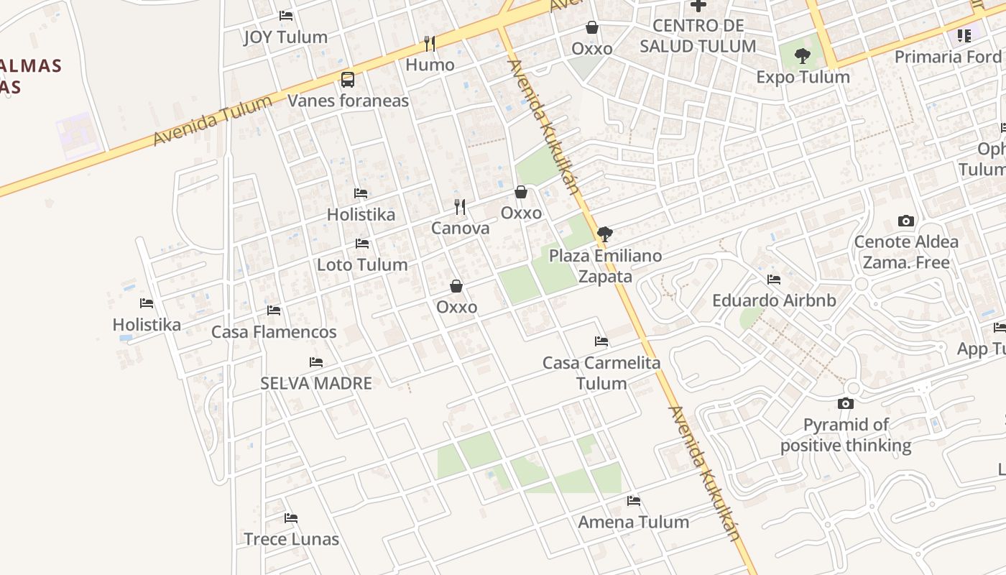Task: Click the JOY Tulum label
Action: coord(285,37)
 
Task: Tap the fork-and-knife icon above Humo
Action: coord(430,44)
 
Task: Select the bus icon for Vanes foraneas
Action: coord(348,79)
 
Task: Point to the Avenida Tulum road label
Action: coord(213,120)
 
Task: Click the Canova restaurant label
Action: coord(460,229)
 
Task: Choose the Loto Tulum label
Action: coord(362,264)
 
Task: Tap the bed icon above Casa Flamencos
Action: coord(274,310)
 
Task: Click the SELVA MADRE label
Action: coord(316,383)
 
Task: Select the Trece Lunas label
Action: coord(291,539)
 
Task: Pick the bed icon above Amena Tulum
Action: coord(634,501)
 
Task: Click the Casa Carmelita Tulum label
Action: coord(601,373)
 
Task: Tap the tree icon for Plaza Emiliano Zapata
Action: coord(605,234)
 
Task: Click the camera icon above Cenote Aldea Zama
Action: coord(906,221)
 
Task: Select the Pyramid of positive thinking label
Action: coord(846,435)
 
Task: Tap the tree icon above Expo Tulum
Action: coord(803,55)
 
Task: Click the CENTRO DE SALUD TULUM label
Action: coord(698,36)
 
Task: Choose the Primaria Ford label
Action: coord(948,56)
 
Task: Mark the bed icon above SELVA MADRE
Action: coord(316,362)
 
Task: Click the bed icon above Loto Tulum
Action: coord(362,244)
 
